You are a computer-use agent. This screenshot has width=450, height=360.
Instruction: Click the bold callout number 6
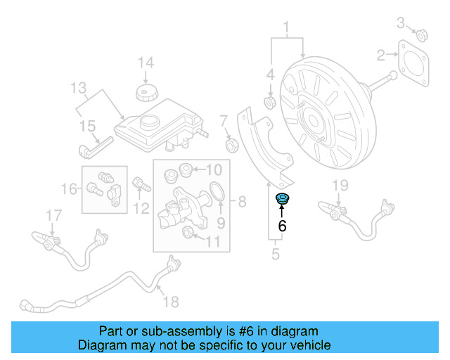point(283,226)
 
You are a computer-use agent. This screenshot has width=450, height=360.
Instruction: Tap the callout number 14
point(145,63)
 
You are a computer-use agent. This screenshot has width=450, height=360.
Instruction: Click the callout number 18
point(171,302)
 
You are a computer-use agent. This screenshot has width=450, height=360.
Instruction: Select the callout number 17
point(53,214)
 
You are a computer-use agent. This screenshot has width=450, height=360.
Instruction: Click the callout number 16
point(69,188)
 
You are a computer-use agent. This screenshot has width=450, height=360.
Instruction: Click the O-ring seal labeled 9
point(218,191)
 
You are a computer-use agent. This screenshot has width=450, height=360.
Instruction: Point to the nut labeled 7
point(229,146)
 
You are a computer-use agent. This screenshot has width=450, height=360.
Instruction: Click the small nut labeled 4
point(269,103)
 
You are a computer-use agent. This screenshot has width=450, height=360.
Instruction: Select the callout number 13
point(79,89)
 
